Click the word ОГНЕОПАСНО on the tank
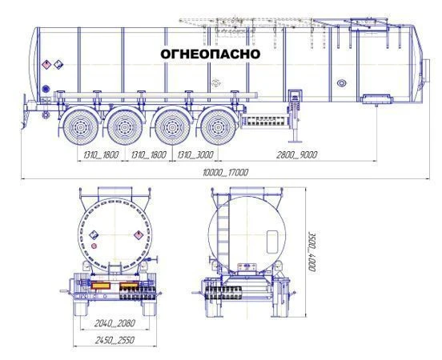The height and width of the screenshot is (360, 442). click(211, 54)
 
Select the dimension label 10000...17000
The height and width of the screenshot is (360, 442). click(226, 172)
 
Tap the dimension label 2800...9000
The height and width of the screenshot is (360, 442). click(297, 154)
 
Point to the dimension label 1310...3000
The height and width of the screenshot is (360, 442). click(195, 154)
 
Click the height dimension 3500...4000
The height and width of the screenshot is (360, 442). click(311, 251)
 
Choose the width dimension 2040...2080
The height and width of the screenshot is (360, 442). click(115, 323)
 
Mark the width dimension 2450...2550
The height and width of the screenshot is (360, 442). click(115, 340)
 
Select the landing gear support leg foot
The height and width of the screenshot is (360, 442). click(295, 141)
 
